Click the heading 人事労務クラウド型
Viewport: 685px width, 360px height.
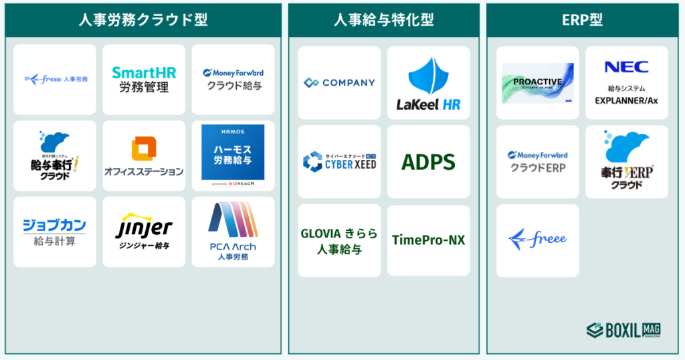(143, 20)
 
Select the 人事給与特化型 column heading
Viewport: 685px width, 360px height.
(383, 20)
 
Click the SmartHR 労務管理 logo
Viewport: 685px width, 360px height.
(144, 80)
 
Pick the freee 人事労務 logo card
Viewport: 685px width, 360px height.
(55, 79)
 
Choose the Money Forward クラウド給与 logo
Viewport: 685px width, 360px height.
(233, 79)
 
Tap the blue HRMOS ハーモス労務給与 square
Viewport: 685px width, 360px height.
(233, 156)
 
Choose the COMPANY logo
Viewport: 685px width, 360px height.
(339, 83)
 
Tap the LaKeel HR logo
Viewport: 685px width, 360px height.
(428, 83)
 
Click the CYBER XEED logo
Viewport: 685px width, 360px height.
(339, 161)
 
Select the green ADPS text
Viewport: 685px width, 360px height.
(428, 162)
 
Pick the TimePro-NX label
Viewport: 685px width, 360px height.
(428, 240)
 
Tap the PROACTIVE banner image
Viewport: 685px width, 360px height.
(538, 83)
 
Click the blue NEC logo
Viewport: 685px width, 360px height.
(626, 67)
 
